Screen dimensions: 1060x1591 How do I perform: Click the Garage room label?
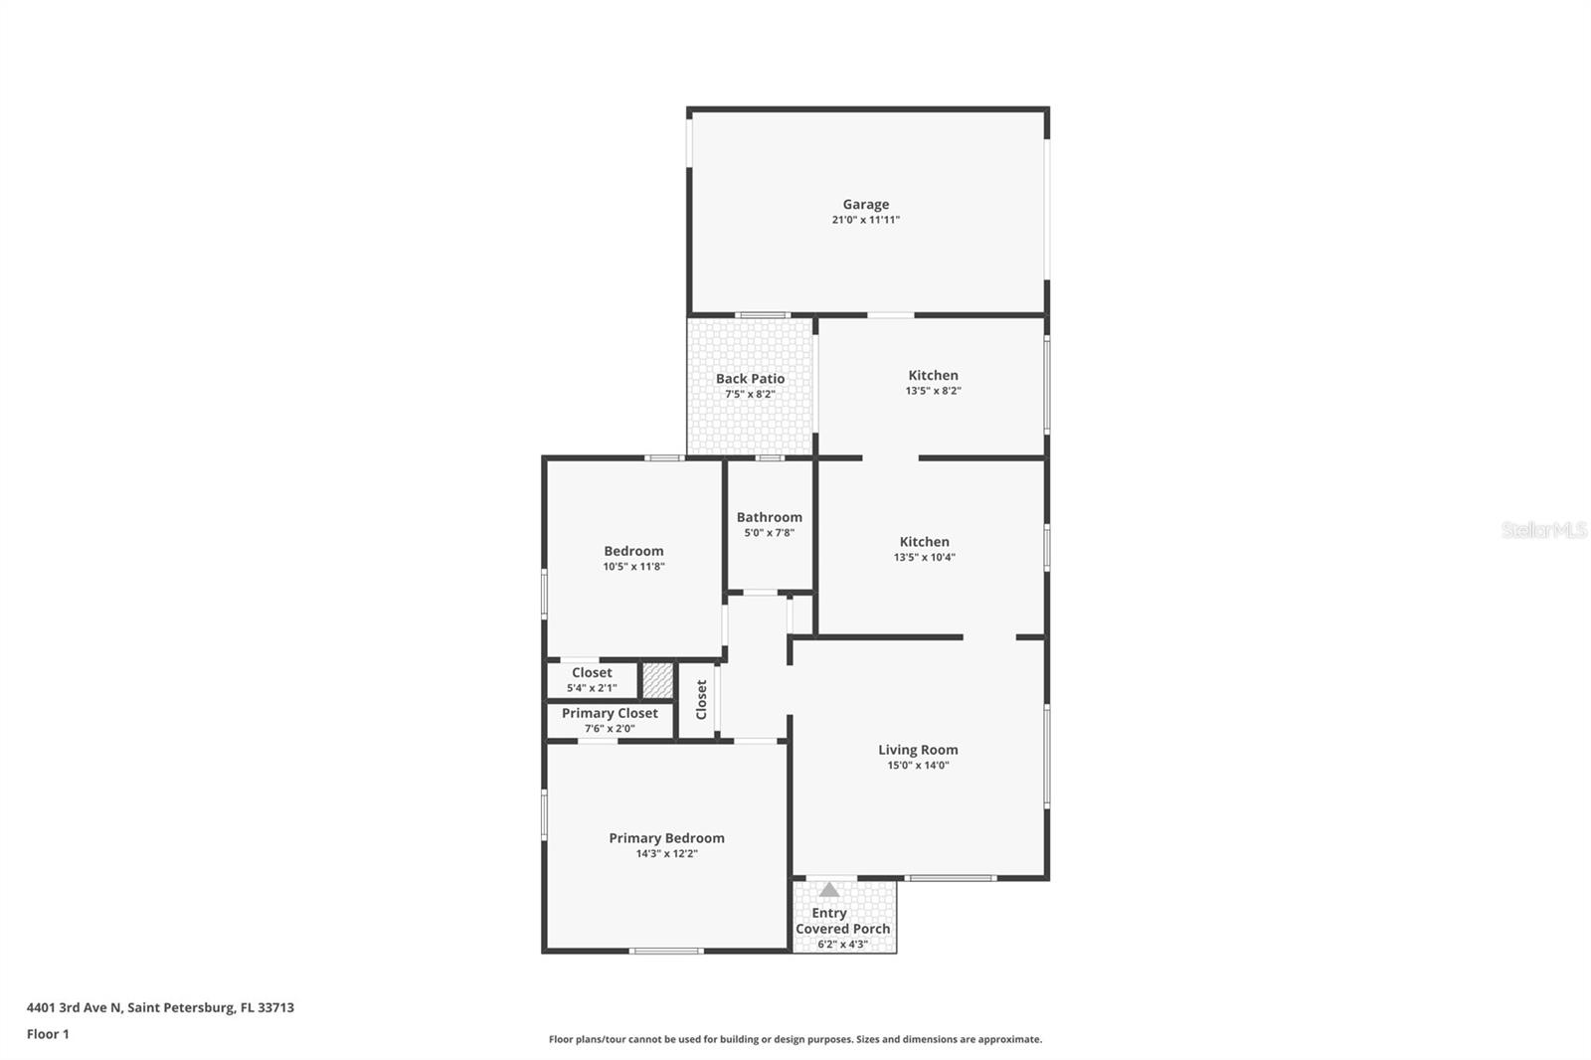pyautogui.click(x=865, y=204)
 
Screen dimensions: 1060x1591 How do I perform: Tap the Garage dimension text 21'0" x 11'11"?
pyautogui.click(x=865, y=220)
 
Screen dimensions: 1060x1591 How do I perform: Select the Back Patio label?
pyautogui.click(x=750, y=379)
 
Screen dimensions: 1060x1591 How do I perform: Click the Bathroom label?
pyautogui.click(x=769, y=517)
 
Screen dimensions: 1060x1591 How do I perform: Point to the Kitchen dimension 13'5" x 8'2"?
pyautogui.click(x=933, y=391)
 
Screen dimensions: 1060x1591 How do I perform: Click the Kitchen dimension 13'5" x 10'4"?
pyautogui.click(x=924, y=558)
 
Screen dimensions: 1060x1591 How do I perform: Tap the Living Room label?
pyautogui.click(x=918, y=750)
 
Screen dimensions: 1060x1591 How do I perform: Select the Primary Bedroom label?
pyautogui.click(x=666, y=838)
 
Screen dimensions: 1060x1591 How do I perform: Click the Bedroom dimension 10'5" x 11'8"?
pyautogui.click(x=633, y=567)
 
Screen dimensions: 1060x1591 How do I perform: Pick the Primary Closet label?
pyautogui.click(x=610, y=713)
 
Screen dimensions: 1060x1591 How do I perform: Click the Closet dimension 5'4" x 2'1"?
pyautogui.click(x=592, y=688)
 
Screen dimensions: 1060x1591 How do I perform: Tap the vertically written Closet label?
pyautogui.click(x=701, y=700)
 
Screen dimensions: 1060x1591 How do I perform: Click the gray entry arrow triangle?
pyautogui.click(x=829, y=890)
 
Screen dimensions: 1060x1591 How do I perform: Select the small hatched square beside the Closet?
pyautogui.click(x=657, y=680)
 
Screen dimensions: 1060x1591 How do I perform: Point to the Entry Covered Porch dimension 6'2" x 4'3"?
pyautogui.click(x=842, y=945)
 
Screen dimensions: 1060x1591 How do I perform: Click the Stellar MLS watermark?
pyautogui.click(x=1543, y=530)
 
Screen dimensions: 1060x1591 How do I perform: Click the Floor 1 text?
pyautogui.click(x=48, y=1034)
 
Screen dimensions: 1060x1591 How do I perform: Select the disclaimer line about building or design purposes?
pyautogui.click(x=795, y=1039)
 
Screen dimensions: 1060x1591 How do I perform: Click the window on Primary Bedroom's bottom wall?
pyautogui.click(x=666, y=952)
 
